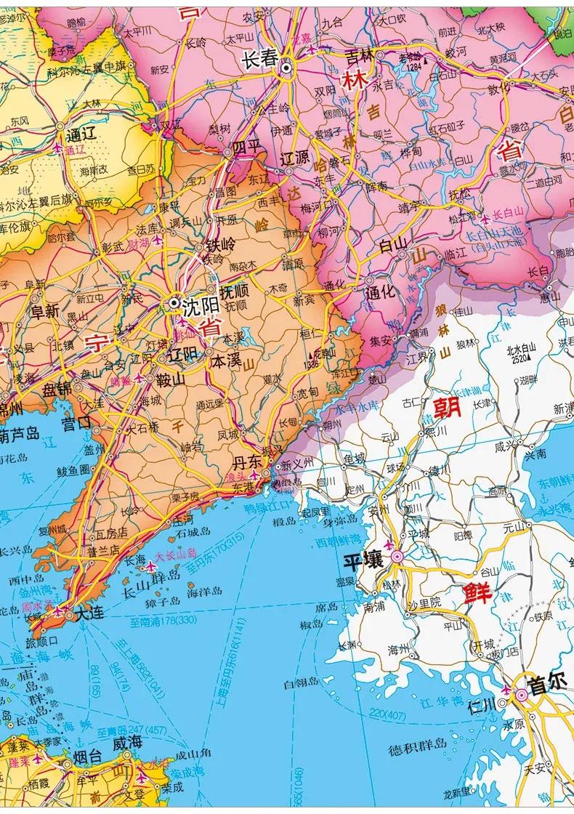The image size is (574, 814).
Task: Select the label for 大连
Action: [90, 613]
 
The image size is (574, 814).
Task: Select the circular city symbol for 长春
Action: [287, 68]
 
